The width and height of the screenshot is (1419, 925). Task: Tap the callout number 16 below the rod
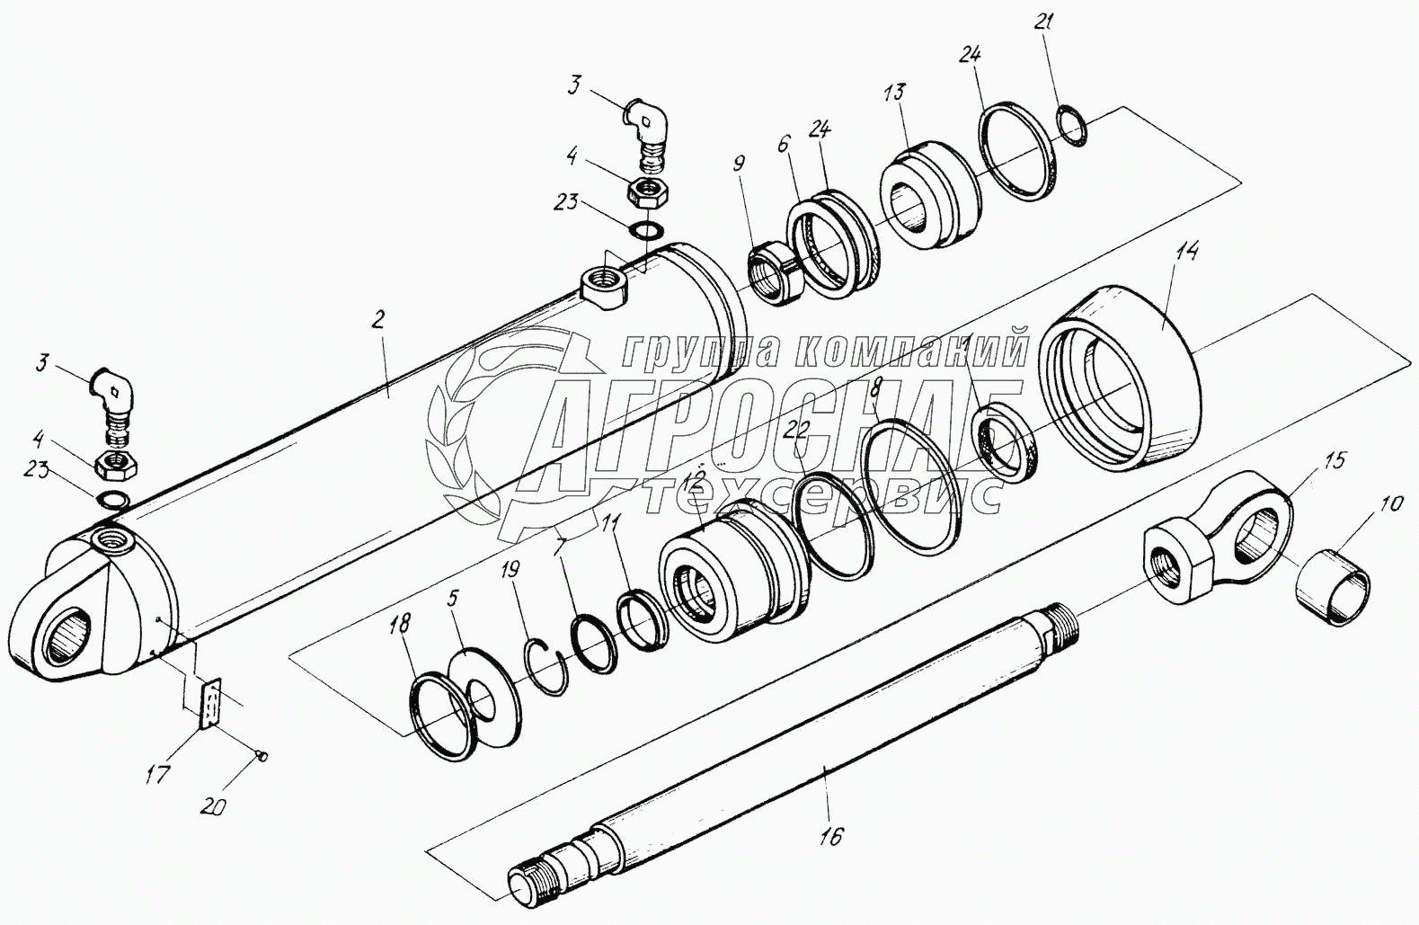point(830,836)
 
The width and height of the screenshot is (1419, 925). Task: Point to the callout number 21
point(1065,78)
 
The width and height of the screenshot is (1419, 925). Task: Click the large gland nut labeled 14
point(1123,378)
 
